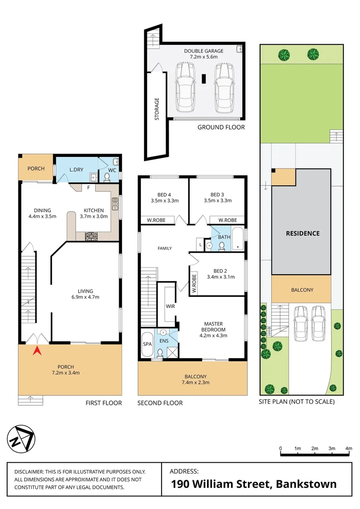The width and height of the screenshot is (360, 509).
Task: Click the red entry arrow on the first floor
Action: click(x=36, y=351)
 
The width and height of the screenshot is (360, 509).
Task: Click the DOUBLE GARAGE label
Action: click(x=204, y=51)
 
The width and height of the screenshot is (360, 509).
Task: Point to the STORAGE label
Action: click(x=157, y=109)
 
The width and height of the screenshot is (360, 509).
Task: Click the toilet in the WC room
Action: click(x=106, y=177)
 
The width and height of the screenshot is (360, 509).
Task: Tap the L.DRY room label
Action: click(x=76, y=169)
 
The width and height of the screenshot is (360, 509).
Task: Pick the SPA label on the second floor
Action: click(x=147, y=344)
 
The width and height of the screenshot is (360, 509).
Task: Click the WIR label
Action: click(x=170, y=306)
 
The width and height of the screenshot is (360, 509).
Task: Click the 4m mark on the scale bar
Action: click(x=349, y=448)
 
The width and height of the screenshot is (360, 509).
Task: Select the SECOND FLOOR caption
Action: click(x=160, y=403)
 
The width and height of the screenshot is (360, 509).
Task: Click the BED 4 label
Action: click(x=164, y=194)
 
